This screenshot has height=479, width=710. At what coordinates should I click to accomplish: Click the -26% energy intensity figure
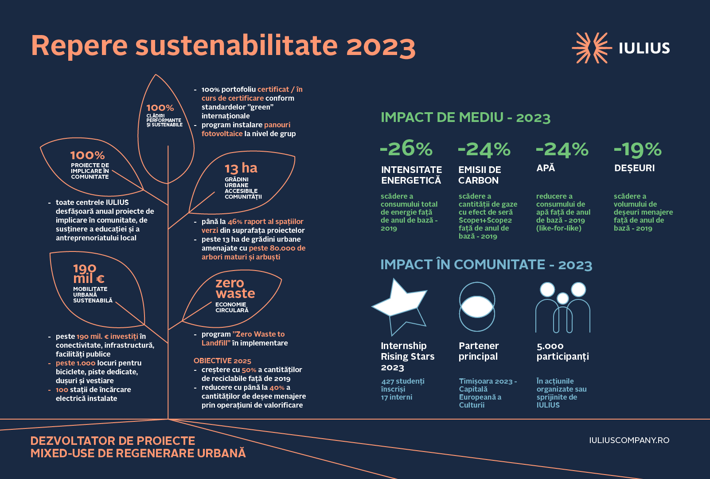pyautogui.click(x=406, y=148)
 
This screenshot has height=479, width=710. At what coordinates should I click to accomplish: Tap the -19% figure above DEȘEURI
pyautogui.click(x=637, y=149)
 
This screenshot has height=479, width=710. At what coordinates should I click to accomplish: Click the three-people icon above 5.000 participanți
pyautogui.click(x=563, y=308)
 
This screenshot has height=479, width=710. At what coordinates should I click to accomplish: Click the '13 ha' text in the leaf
pyautogui.click(x=241, y=169)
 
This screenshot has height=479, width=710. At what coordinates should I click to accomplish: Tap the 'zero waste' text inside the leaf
pyautogui.click(x=235, y=288)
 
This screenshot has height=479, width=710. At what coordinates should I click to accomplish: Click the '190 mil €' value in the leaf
pyautogui.click(x=88, y=274)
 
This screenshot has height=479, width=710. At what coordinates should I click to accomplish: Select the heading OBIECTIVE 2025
pyautogui.click(x=222, y=361)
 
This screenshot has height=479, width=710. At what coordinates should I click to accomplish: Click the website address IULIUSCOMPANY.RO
pyautogui.click(x=629, y=440)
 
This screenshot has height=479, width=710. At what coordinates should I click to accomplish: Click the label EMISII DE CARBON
pyautogui.click(x=479, y=175)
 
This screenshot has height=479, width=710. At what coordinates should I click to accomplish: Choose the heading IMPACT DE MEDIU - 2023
pyautogui.click(x=465, y=118)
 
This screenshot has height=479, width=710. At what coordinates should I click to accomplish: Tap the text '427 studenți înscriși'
pyautogui.click(x=402, y=385)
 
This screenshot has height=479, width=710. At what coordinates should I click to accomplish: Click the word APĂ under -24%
pyautogui.click(x=546, y=168)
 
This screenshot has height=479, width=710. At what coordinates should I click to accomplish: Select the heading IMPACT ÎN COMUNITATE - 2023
pyautogui.click(x=486, y=265)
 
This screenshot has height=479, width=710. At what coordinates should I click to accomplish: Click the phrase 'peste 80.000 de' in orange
pyautogui.click(x=277, y=248)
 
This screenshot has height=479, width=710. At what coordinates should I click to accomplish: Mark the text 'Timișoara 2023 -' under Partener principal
pyautogui.click(x=488, y=381)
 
